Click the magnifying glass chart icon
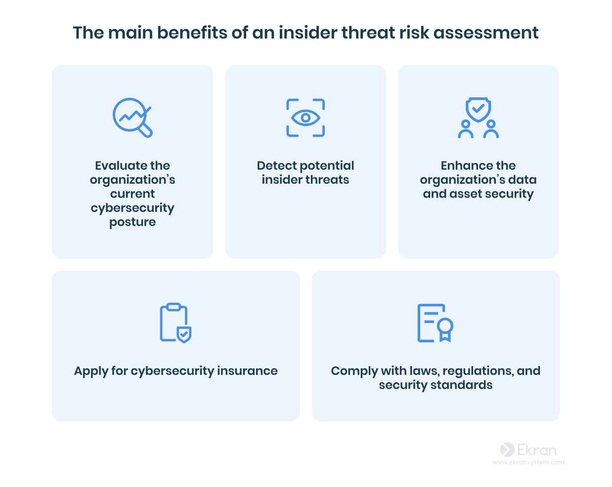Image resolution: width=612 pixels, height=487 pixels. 132,118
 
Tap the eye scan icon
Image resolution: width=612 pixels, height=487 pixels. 306,118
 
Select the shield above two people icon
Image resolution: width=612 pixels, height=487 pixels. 478,118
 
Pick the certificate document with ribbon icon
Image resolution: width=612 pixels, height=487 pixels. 435,323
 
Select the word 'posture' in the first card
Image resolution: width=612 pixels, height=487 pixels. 132,222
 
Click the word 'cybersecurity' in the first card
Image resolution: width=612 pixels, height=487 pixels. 132,208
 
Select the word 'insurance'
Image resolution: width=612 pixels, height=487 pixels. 247,371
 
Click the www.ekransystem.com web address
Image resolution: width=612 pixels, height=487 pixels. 528,463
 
